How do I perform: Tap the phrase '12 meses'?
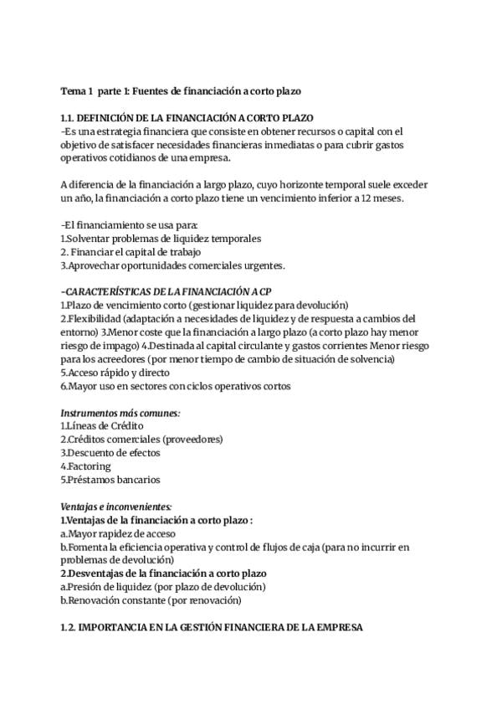(385, 198)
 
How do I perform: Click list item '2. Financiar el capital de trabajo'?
(131, 251)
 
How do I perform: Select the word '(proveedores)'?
(192, 439)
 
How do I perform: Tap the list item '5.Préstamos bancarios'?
(110, 480)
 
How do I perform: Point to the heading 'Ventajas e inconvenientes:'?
(116, 507)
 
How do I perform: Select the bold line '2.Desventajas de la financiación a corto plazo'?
(163, 574)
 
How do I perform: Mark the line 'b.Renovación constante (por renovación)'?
(151, 600)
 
